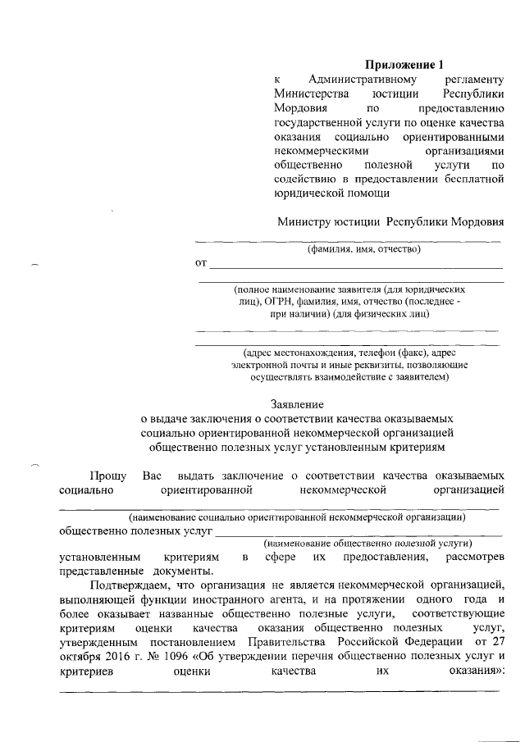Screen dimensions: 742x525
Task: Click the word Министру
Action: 304,221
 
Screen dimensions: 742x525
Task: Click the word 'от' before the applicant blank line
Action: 199,264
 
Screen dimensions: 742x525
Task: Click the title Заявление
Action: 297,403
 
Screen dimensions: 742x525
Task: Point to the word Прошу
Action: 107,476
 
